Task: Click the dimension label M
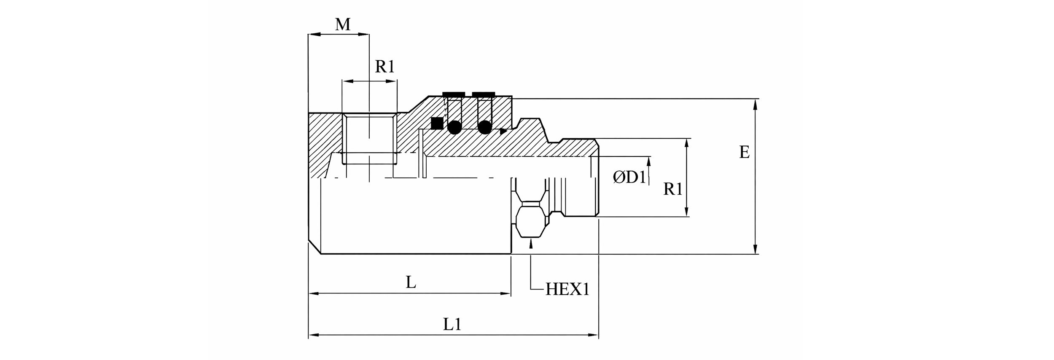[x=343, y=24]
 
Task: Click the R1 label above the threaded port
[x=384, y=67]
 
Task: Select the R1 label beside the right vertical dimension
[x=672, y=189]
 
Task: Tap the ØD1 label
[x=629, y=177]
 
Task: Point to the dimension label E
[x=745, y=152]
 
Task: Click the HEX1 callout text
[x=567, y=290]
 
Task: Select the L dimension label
[x=411, y=282]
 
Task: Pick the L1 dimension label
[x=452, y=324]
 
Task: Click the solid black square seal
[x=437, y=123]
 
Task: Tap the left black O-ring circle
[x=454, y=127]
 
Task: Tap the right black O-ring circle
[x=485, y=127]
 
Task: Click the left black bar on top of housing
[x=454, y=94]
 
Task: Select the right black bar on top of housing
[x=484, y=94]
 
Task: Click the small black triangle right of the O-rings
[x=503, y=132]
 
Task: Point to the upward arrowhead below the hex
[x=531, y=244]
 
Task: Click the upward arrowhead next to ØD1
[x=649, y=161]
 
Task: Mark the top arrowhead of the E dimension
[x=755, y=104]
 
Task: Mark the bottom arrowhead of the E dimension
[x=755, y=250]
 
